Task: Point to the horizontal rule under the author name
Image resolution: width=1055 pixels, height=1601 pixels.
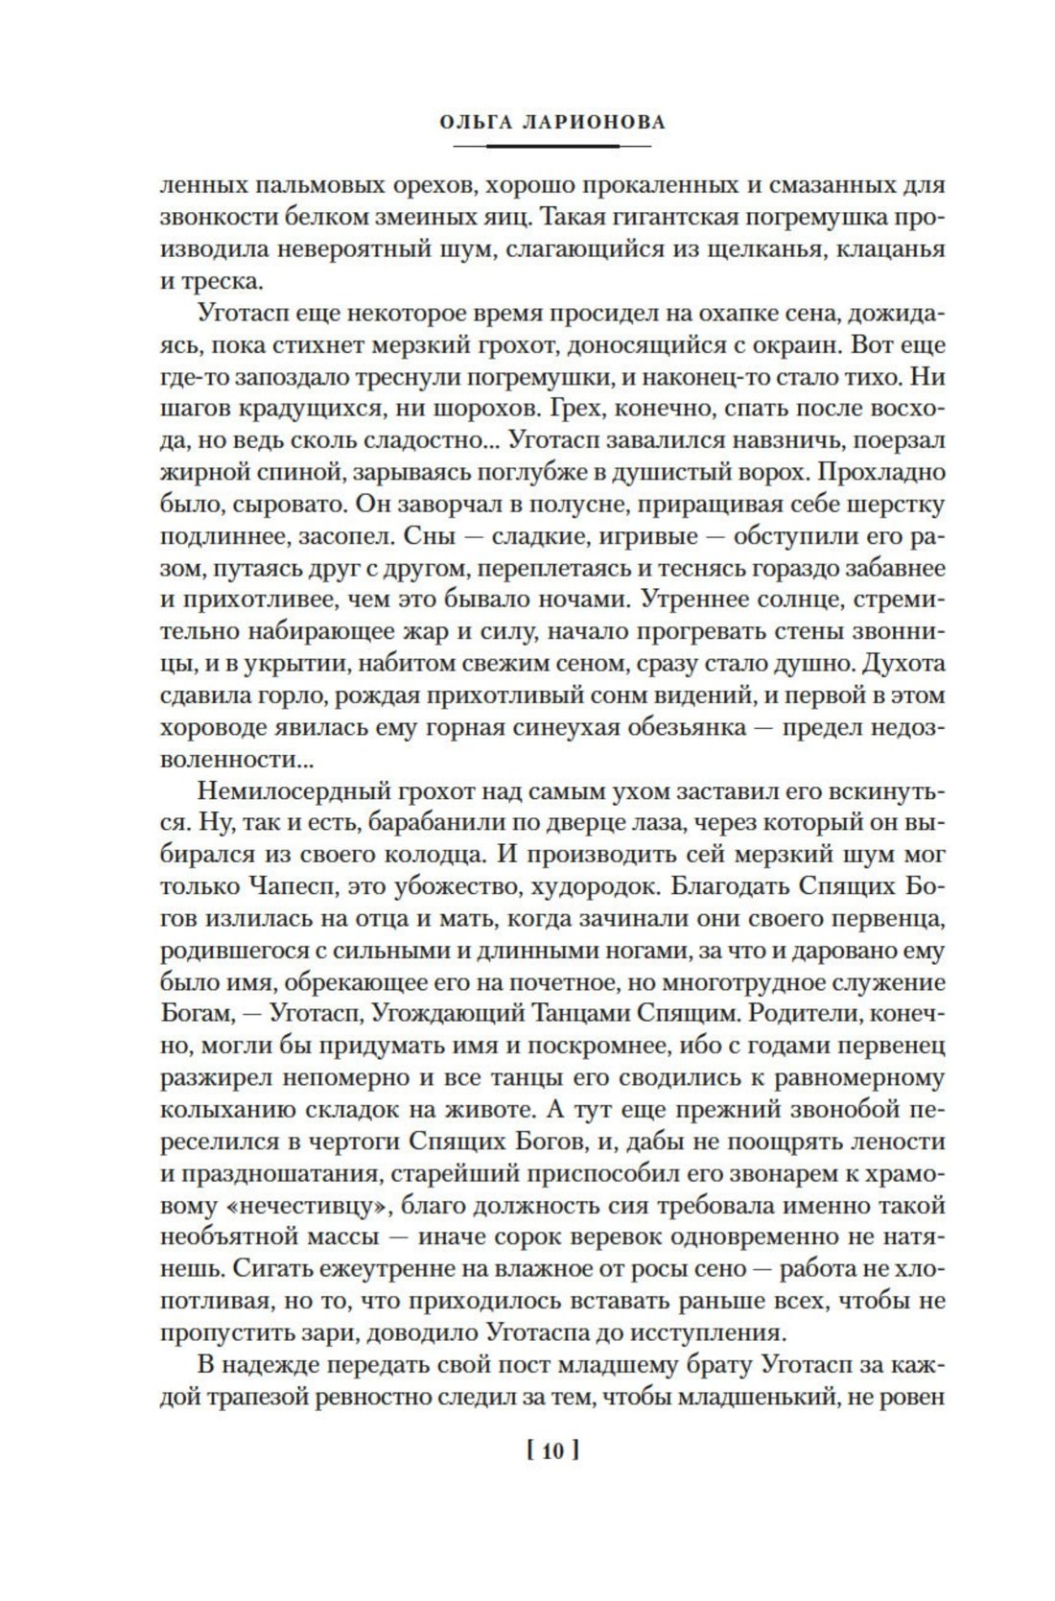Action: (551, 146)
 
